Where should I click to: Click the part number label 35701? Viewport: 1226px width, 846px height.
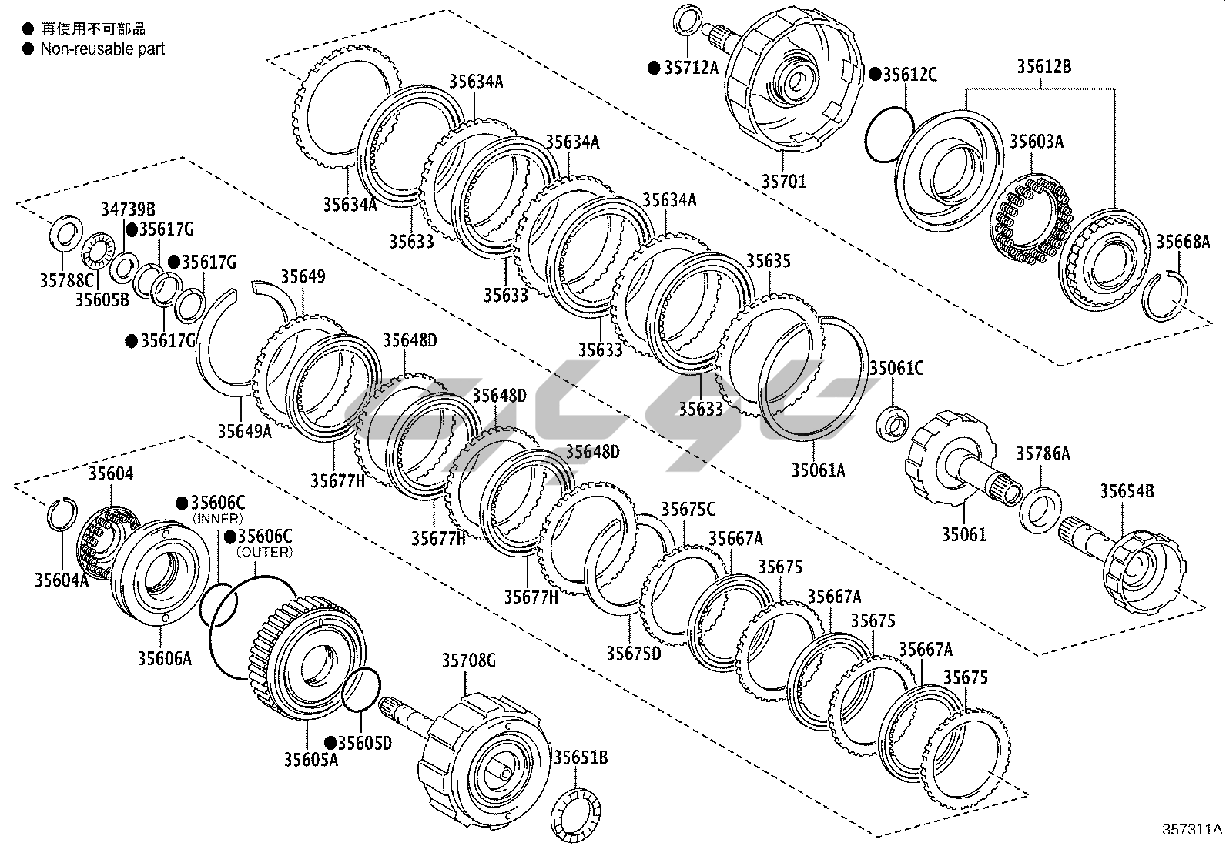[x=784, y=182]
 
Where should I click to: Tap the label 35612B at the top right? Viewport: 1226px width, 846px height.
[x=1043, y=67]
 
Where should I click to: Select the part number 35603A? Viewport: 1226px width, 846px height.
[x=1037, y=142]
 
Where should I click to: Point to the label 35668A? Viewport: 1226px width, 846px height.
[x=1183, y=242]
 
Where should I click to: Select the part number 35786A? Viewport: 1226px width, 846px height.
[x=1043, y=454]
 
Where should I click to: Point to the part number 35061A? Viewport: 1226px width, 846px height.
[x=818, y=470]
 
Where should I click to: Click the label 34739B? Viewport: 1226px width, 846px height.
[x=129, y=209]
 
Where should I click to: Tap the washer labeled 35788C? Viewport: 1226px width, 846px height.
[x=65, y=231]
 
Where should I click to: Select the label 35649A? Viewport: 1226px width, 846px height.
[x=244, y=431]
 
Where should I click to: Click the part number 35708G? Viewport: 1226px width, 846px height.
[x=468, y=660]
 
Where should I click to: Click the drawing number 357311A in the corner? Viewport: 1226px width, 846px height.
[x=1192, y=830]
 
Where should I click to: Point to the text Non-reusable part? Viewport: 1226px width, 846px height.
[x=102, y=49]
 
